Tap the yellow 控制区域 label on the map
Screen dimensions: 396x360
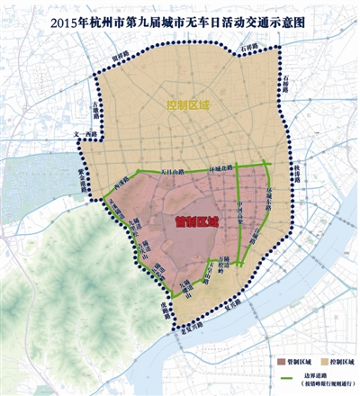(x=188, y=105)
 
